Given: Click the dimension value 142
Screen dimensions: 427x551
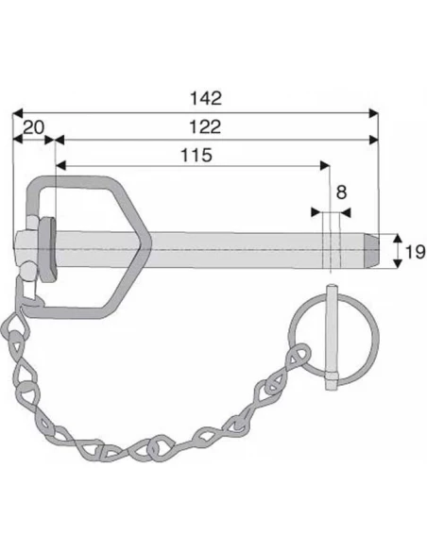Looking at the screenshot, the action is click(206, 98).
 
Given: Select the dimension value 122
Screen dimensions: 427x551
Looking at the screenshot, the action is click(205, 126).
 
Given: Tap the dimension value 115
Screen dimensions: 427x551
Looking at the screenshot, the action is click(196, 155).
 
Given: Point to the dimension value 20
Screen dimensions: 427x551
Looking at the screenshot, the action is click(34, 127).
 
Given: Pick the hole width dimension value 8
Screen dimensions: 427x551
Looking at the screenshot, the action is click(341, 192).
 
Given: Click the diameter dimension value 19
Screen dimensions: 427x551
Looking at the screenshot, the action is click(416, 252).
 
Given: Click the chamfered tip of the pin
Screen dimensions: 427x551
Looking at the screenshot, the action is click(372, 251).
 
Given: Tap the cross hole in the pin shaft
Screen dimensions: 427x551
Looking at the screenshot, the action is click(332, 250).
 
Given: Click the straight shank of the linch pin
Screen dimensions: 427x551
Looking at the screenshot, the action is click(332, 337).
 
